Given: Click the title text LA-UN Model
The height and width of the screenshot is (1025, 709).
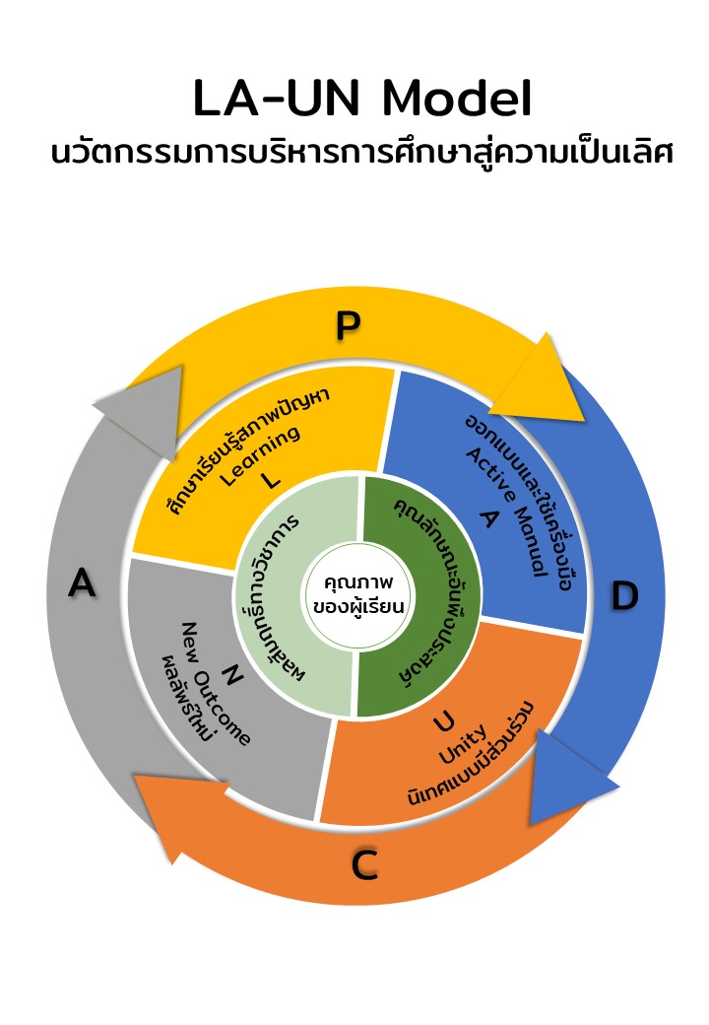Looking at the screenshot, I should point(362,101).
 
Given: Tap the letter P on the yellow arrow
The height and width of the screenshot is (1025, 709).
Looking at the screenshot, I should point(347,325).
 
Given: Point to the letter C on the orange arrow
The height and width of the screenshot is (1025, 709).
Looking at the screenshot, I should point(364,866).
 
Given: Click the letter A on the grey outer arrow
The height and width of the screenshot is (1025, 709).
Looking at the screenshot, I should point(82,583).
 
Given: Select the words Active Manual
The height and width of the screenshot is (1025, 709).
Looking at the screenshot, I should point(506,515).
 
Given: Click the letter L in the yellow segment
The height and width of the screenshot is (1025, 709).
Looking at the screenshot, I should point(272,480).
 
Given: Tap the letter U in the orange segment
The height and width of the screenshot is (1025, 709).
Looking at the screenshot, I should point(444,722).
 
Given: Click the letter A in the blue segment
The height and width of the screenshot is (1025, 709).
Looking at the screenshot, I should point(485,519).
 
